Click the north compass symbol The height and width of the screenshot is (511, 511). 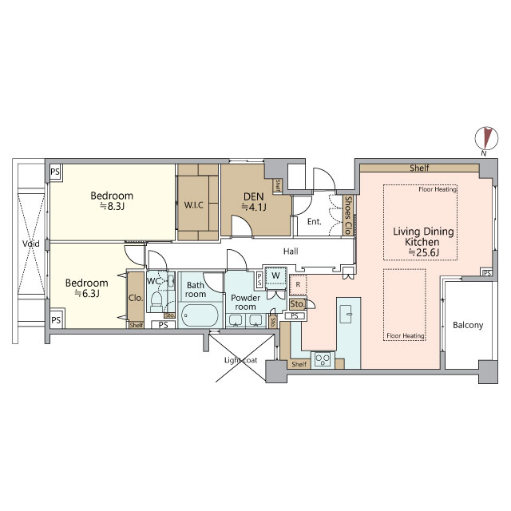[x=486, y=138]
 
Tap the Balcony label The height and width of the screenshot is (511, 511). [x=468, y=325]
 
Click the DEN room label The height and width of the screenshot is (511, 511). [x=254, y=196]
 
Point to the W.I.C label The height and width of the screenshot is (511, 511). [x=193, y=205]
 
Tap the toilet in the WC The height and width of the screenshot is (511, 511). [x=156, y=302]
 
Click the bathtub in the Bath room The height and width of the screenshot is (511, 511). [x=200, y=315]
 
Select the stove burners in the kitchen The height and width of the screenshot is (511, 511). [x=323, y=360]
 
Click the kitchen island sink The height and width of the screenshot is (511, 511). [x=346, y=314]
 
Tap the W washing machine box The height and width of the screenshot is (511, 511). [x=275, y=275]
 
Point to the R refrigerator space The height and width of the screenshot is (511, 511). [x=298, y=285]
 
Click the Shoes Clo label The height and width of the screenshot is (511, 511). [x=348, y=215]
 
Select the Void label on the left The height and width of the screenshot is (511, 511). [x=31, y=244]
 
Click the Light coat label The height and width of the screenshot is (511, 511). [x=240, y=360]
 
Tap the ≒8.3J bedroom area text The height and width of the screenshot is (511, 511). [x=112, y=206]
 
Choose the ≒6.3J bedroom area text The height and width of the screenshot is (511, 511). [x=87, y=294]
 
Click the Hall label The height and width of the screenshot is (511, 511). [x=291, y=252]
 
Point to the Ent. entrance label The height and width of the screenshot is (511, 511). [x=314, y=222]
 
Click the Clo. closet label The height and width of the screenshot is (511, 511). [x=136, y=298]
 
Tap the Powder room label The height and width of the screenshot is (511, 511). [x=245, y=303]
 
